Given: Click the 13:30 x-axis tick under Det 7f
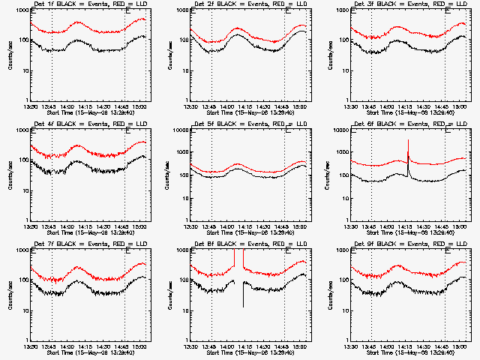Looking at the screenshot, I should pos(31,346).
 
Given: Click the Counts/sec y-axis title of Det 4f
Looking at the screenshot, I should pos(10,175).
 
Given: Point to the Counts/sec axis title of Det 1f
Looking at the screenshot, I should pos(10,55).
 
